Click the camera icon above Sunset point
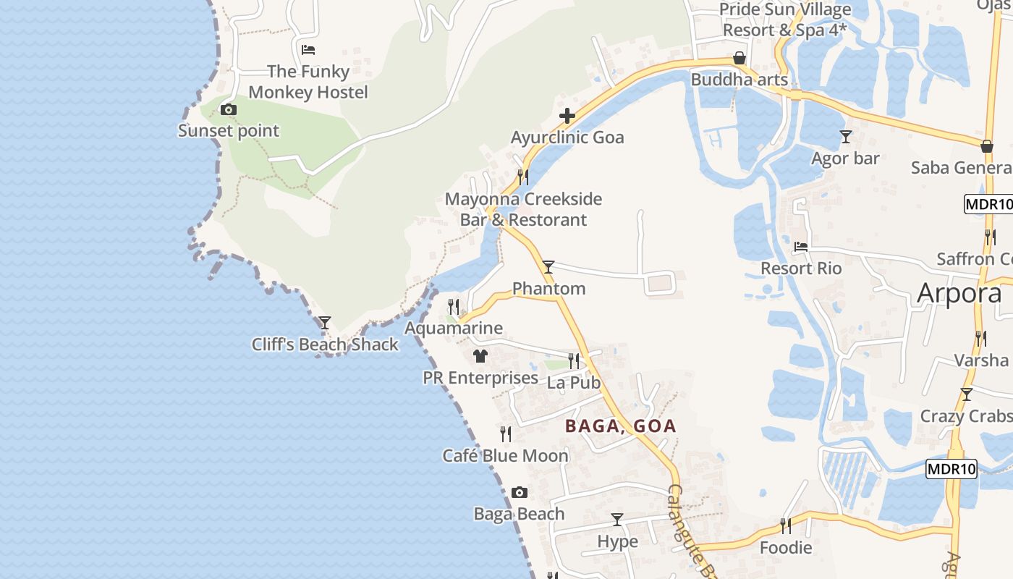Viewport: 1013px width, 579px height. [229, 110]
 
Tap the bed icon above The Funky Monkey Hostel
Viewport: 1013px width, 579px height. [308, 50]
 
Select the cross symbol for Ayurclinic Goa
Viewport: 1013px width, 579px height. [567, 116]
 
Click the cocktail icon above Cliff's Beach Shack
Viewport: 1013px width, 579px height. [325, 322]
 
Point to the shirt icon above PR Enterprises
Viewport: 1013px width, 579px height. [480, 356]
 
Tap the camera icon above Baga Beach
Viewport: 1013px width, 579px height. [520, 493]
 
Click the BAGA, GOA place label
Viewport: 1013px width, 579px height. [621, 426]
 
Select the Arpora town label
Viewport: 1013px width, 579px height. [959, 293]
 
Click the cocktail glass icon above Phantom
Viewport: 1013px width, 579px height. [548, 267]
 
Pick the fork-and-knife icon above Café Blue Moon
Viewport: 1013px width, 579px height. [506, 434]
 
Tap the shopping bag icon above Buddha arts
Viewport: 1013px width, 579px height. [739, 58]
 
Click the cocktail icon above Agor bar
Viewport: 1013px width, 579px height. [845, 136]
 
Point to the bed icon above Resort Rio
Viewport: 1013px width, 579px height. [801, 247]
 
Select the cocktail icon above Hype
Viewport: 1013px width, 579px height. [617, 520]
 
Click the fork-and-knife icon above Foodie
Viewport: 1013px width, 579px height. [786, 525]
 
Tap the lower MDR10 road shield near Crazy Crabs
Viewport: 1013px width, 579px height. [951, 469]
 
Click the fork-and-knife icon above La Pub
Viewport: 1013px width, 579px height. [574, 360]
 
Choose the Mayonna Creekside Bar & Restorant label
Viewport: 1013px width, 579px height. [523, 209]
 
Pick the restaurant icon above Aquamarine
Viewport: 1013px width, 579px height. [454, 307]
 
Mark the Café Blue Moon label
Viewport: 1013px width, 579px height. [506, 456]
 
